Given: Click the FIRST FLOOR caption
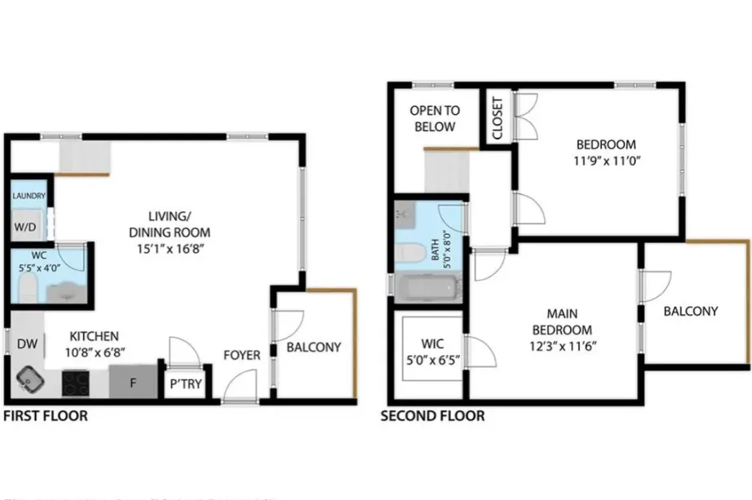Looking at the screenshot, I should click(x=46, y=416).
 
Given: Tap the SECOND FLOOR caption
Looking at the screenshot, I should click(x=432, y=416).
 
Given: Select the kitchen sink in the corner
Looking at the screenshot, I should click(x=30, y=379).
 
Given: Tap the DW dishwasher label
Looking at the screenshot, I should click(x=27, y=343).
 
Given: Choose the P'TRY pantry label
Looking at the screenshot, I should click(x=184, y=384).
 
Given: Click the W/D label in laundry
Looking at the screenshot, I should click(x=25, y=226).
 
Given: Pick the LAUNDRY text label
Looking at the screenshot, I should click(x=29, y=196).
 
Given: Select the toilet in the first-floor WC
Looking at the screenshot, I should click(x=26, y=288).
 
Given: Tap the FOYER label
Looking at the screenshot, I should click(x=242, y=355).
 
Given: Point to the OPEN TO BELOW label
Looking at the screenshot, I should click(x=434, y=118).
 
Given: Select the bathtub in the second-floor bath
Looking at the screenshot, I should click(x=428, y=288).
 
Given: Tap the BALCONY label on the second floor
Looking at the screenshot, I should click(x=690, y=311).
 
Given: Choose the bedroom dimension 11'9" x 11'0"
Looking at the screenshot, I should click(x=602, y=161).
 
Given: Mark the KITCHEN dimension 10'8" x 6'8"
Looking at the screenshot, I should click(x=95, y=352).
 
